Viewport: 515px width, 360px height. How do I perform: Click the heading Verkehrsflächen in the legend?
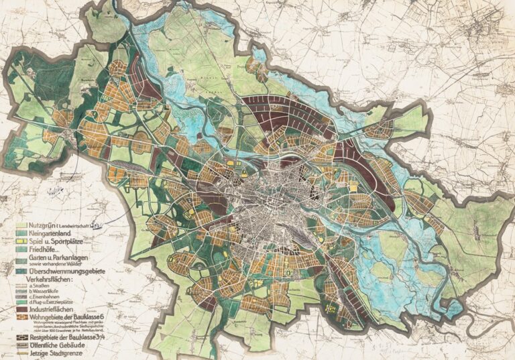coord(44,291)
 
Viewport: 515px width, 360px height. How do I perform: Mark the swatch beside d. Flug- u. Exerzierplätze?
coord(21,320)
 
